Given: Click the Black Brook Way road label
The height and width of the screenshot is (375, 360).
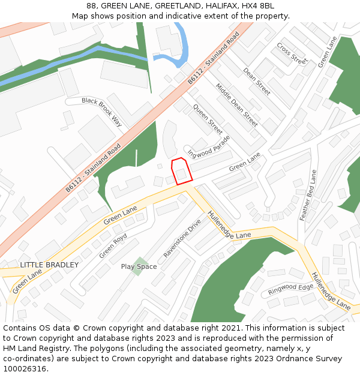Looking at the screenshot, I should coord(102,112).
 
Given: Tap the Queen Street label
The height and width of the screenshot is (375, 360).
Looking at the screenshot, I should coord(208,119).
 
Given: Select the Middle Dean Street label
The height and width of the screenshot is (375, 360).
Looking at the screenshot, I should coord(236,104).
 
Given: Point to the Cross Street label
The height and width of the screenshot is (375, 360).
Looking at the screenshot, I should coord(292,53).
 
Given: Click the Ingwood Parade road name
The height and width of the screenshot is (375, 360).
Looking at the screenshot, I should coord(209,146).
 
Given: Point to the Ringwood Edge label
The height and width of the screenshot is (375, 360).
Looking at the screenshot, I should coord(291,289).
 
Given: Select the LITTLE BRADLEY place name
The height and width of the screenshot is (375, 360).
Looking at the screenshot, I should coord(49,265).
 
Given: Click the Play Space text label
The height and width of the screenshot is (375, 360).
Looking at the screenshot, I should coord(139,266).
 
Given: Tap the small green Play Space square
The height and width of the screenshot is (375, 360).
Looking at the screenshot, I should coord(137,266).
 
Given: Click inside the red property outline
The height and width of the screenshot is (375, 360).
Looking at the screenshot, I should coord(181,171).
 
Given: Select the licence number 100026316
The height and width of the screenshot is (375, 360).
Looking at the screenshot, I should coord(25,369).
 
